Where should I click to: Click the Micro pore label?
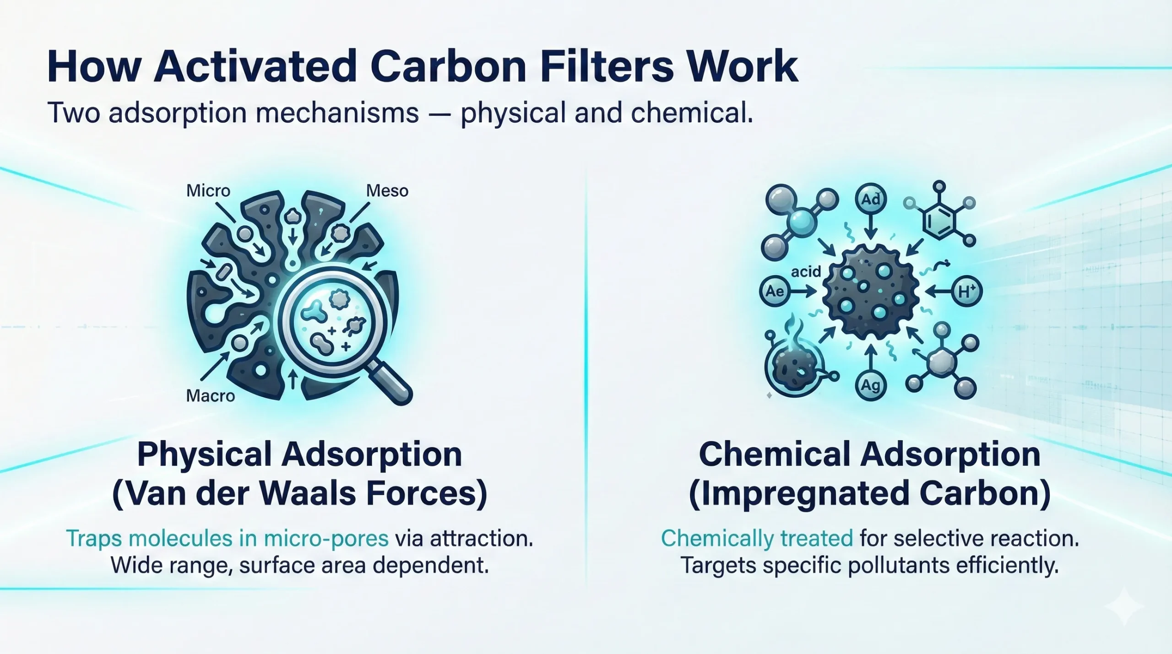click(208, 190)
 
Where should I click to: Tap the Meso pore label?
click(387, 190)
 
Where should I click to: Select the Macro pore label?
click(210, 395)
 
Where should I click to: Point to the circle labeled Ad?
click(870, 200)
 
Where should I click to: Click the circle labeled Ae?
click(775, 291)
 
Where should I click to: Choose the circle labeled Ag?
click(870, 385)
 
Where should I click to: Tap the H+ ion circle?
click(966, 291)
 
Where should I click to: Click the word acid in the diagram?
click(806, 272)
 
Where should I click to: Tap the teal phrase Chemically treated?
click(757, 538)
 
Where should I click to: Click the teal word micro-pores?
click(326, 538)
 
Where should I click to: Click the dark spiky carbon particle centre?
click(870, 291)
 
